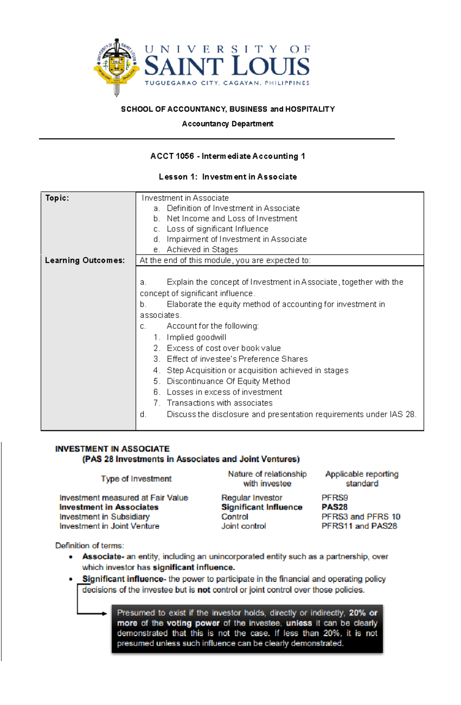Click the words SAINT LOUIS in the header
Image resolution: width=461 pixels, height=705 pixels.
pyautogui.click(x=227, y=66)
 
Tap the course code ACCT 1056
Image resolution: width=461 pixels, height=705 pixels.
pyautogui.click(x=172, y=156)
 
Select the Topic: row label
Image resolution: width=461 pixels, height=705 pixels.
pyautogui.click(x=57, y=198)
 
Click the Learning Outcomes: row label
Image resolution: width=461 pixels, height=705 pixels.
pyautogui.click(x=85, y=260)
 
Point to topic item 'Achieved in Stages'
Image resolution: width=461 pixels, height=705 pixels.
pyautogui.click(x=202, y=249)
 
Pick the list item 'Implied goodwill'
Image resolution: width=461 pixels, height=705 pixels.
pyautogui.click(x=196, y=337)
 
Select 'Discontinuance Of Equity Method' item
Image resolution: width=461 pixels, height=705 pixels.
pyautogui.click(x=228, y=381)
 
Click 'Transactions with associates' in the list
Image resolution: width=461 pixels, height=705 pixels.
pyautogui.click(x=219, y=403)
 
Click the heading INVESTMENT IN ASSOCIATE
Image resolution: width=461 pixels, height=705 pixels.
pyautogui.click(x=112, y=449)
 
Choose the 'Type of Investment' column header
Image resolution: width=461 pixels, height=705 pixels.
pyautogui.click(x=136, y=479)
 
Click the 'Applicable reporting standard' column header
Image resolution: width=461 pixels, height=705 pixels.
pyautogui.click(x=362, y=479)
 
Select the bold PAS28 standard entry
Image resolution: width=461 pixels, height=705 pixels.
pyautogui.click(x=334, y=507)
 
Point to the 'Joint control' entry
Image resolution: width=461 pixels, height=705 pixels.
pyautogui.click(x=243, y=526)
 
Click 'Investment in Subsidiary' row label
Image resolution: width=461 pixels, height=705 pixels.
pyautogui.click(x=104, y=517)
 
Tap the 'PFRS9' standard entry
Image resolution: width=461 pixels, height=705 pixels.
pyautogui.click(x=334, y=498)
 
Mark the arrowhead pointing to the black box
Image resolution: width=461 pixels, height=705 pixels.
pyautogui.click(x=104, y=614)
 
